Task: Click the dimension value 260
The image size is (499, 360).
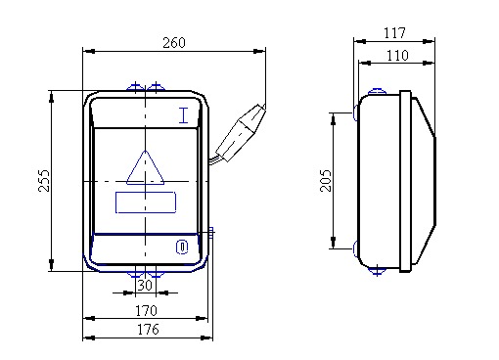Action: click(x=174, y=43)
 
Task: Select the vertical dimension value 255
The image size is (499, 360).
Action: click(x=44, y=180)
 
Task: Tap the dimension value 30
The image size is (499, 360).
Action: click(x=145, y=286)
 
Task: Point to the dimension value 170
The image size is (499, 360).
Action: click(x=146, y=311)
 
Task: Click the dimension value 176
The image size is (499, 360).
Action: click(x=148, y=330)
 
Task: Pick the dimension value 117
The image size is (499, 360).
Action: click(x=394, y=33)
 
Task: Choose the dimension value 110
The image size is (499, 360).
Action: click(x=397, y=56)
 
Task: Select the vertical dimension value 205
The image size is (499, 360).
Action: click(x=326, y=180)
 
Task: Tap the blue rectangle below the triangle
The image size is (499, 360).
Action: click(x=146, y=202)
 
